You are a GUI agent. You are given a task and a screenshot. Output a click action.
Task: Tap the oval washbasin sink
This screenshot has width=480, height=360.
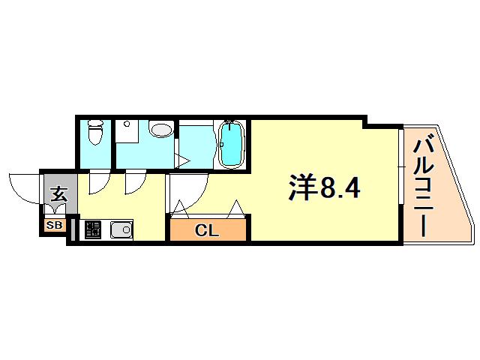pyautogui.click(x=160, y=129)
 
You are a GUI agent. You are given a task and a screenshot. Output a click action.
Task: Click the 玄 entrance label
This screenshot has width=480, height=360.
pyautogui.click(x=59, y=195)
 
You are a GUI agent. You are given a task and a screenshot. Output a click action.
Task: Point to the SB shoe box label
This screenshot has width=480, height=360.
pyautogui.click(x=55, y=224)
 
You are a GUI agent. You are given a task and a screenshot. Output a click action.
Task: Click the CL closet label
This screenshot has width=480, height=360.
pyautogui.click(x=207, y=230)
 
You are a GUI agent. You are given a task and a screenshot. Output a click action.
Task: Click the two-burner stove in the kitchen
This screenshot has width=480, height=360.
pyautogui.click(x=93, y=230)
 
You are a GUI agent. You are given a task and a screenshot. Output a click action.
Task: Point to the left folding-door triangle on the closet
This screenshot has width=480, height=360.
pyautogui.click(x=180, y=208)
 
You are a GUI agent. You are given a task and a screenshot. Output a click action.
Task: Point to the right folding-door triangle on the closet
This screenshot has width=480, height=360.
pyautogui.click(x=236, y=208)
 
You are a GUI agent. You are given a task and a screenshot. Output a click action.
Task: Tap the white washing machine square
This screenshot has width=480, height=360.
pyautogui.click(x=125, y=133)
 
